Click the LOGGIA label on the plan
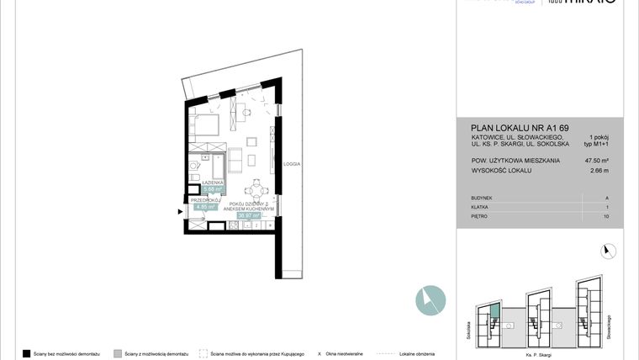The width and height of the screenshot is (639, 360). pos(292,164)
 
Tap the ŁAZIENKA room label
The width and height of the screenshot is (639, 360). pos(213,182)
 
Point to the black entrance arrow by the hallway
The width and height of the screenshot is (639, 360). pos(180,212)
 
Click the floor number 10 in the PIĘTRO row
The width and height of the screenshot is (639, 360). pos(607,216)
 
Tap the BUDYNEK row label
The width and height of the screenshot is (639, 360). pos(482,198)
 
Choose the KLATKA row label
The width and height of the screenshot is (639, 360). pos(480,207)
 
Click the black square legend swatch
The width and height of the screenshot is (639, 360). pos(27,353)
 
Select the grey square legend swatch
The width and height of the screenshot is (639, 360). pos(118,353)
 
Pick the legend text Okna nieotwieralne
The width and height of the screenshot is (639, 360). pos(346,353)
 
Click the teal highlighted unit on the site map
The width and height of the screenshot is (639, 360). pos(495,312)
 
